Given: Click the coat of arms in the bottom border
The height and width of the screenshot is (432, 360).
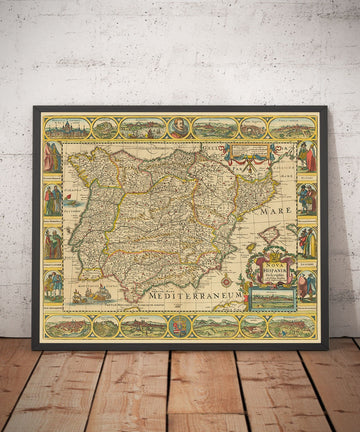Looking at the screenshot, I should pyautogui.click(x=180, y=326).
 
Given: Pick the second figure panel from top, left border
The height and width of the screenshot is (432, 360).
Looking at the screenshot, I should pyautogui.click(x=53, y=200).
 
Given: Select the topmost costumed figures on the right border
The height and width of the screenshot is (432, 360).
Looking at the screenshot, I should pyautogui.click(x=307, y=156).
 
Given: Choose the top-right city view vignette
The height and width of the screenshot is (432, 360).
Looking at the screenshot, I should pyautogui.click(x=294, y=128).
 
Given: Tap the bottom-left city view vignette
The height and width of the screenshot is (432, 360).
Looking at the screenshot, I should pyautogui.click(x=65, y=326).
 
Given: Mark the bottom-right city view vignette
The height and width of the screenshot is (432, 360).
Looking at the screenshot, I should pyautogui.click(x=294, y=326).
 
